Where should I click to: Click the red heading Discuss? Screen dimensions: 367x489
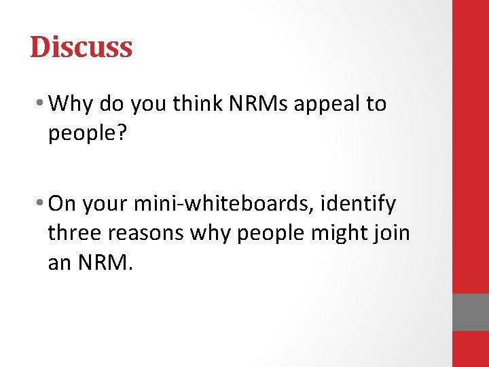point(81,47)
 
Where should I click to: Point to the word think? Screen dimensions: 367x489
point(192,104)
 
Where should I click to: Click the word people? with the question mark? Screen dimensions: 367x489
point(88,134)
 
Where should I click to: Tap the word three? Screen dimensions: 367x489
point(74,233)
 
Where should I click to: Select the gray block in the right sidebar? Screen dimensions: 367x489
point(470,312)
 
